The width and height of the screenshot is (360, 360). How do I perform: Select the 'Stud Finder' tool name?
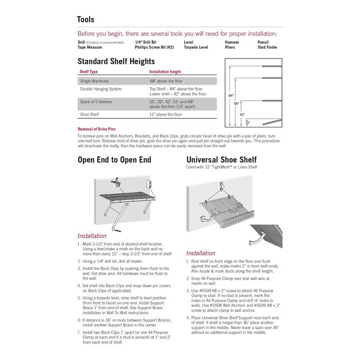[x=267, y=47]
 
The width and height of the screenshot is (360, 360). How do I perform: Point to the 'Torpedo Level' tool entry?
[x=196, y=47]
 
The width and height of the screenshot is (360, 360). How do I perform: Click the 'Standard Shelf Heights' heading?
[x=116, y=61]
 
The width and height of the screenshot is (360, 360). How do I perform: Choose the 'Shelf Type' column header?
[x=89, y=72]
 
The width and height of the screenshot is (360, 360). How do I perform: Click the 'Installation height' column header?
[x=166, y=72]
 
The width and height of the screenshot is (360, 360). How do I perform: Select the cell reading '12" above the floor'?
[x=166, y=115]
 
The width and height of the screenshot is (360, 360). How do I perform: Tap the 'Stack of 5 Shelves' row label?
[x=96, y=102]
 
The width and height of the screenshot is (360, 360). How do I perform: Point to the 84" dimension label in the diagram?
[x=231, y=95]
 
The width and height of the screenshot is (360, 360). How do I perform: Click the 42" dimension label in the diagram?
[x=242, y=114]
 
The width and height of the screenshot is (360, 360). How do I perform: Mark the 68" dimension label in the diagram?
[x=236, y=103]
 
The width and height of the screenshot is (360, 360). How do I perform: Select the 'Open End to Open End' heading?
[x=114, y=160]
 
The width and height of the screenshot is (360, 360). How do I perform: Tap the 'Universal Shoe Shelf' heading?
[x=221, y=160]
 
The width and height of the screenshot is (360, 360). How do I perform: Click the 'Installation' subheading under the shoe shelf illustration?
[x=201, y=253]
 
